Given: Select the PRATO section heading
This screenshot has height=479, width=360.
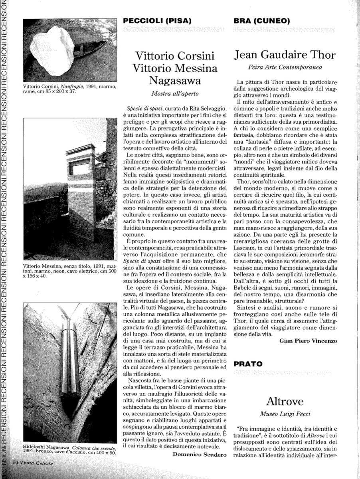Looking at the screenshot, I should [x=248, y=364].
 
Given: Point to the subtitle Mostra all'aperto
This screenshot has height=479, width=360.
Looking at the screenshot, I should [x=175, y=94].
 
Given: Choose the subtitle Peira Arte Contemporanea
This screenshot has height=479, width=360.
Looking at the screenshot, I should [x=285, y=68].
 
